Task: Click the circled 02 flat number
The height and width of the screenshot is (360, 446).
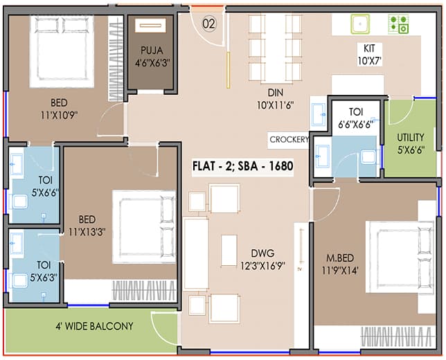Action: click(209, 24)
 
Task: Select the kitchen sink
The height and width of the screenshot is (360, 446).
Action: click(360, 24)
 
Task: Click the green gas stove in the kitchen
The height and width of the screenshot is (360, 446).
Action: click(398, 24)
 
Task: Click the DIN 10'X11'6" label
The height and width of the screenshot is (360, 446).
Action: click(276, 99)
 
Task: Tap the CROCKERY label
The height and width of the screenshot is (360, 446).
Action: click(289, 140)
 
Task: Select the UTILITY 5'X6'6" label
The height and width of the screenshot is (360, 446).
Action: click(411, 143)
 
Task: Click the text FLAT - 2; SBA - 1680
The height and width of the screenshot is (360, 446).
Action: click(242, 165)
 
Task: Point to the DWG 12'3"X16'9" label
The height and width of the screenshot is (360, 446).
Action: click(262, 260)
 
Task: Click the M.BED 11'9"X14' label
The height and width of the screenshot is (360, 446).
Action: click(340, 264)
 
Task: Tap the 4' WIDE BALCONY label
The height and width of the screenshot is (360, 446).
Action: click(94, 326)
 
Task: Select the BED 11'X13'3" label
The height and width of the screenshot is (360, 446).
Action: click(87, 226)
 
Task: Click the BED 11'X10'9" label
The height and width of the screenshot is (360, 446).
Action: click(59, 109)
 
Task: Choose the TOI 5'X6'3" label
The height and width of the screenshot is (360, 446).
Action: click(44, 271)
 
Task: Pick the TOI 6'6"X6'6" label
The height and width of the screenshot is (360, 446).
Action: click(356, 118)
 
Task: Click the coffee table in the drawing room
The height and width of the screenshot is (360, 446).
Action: click(229, 251)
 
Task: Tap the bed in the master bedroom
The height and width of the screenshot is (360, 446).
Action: click(400, 257)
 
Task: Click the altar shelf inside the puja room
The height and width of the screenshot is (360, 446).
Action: click(150, 26)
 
